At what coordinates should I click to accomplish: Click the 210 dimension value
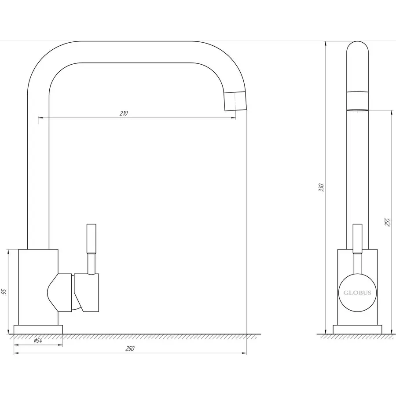pyautogui.click(x=124, y=113)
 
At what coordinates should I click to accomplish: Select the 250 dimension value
pyautogui.click(x=130, y=348)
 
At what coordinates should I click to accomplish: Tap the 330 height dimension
pyautogui.click(x=321, y=187)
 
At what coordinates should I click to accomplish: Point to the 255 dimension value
pyautogui.click(x=387, y=222)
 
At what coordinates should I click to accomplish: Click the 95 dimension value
pyautogui.click(x=4, y=292)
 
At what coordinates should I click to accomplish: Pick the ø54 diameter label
pyautogui.click(x=38, y=341)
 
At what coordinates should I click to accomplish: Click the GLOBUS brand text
pyautogui.click(x=357, y=293)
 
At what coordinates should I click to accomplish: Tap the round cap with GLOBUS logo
pyautogui.click(x=357, y=293)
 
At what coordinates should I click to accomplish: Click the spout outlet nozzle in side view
pyautogui.click(x=357, y=101)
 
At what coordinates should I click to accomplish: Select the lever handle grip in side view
pyautogui.click(x=357, y=238)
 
